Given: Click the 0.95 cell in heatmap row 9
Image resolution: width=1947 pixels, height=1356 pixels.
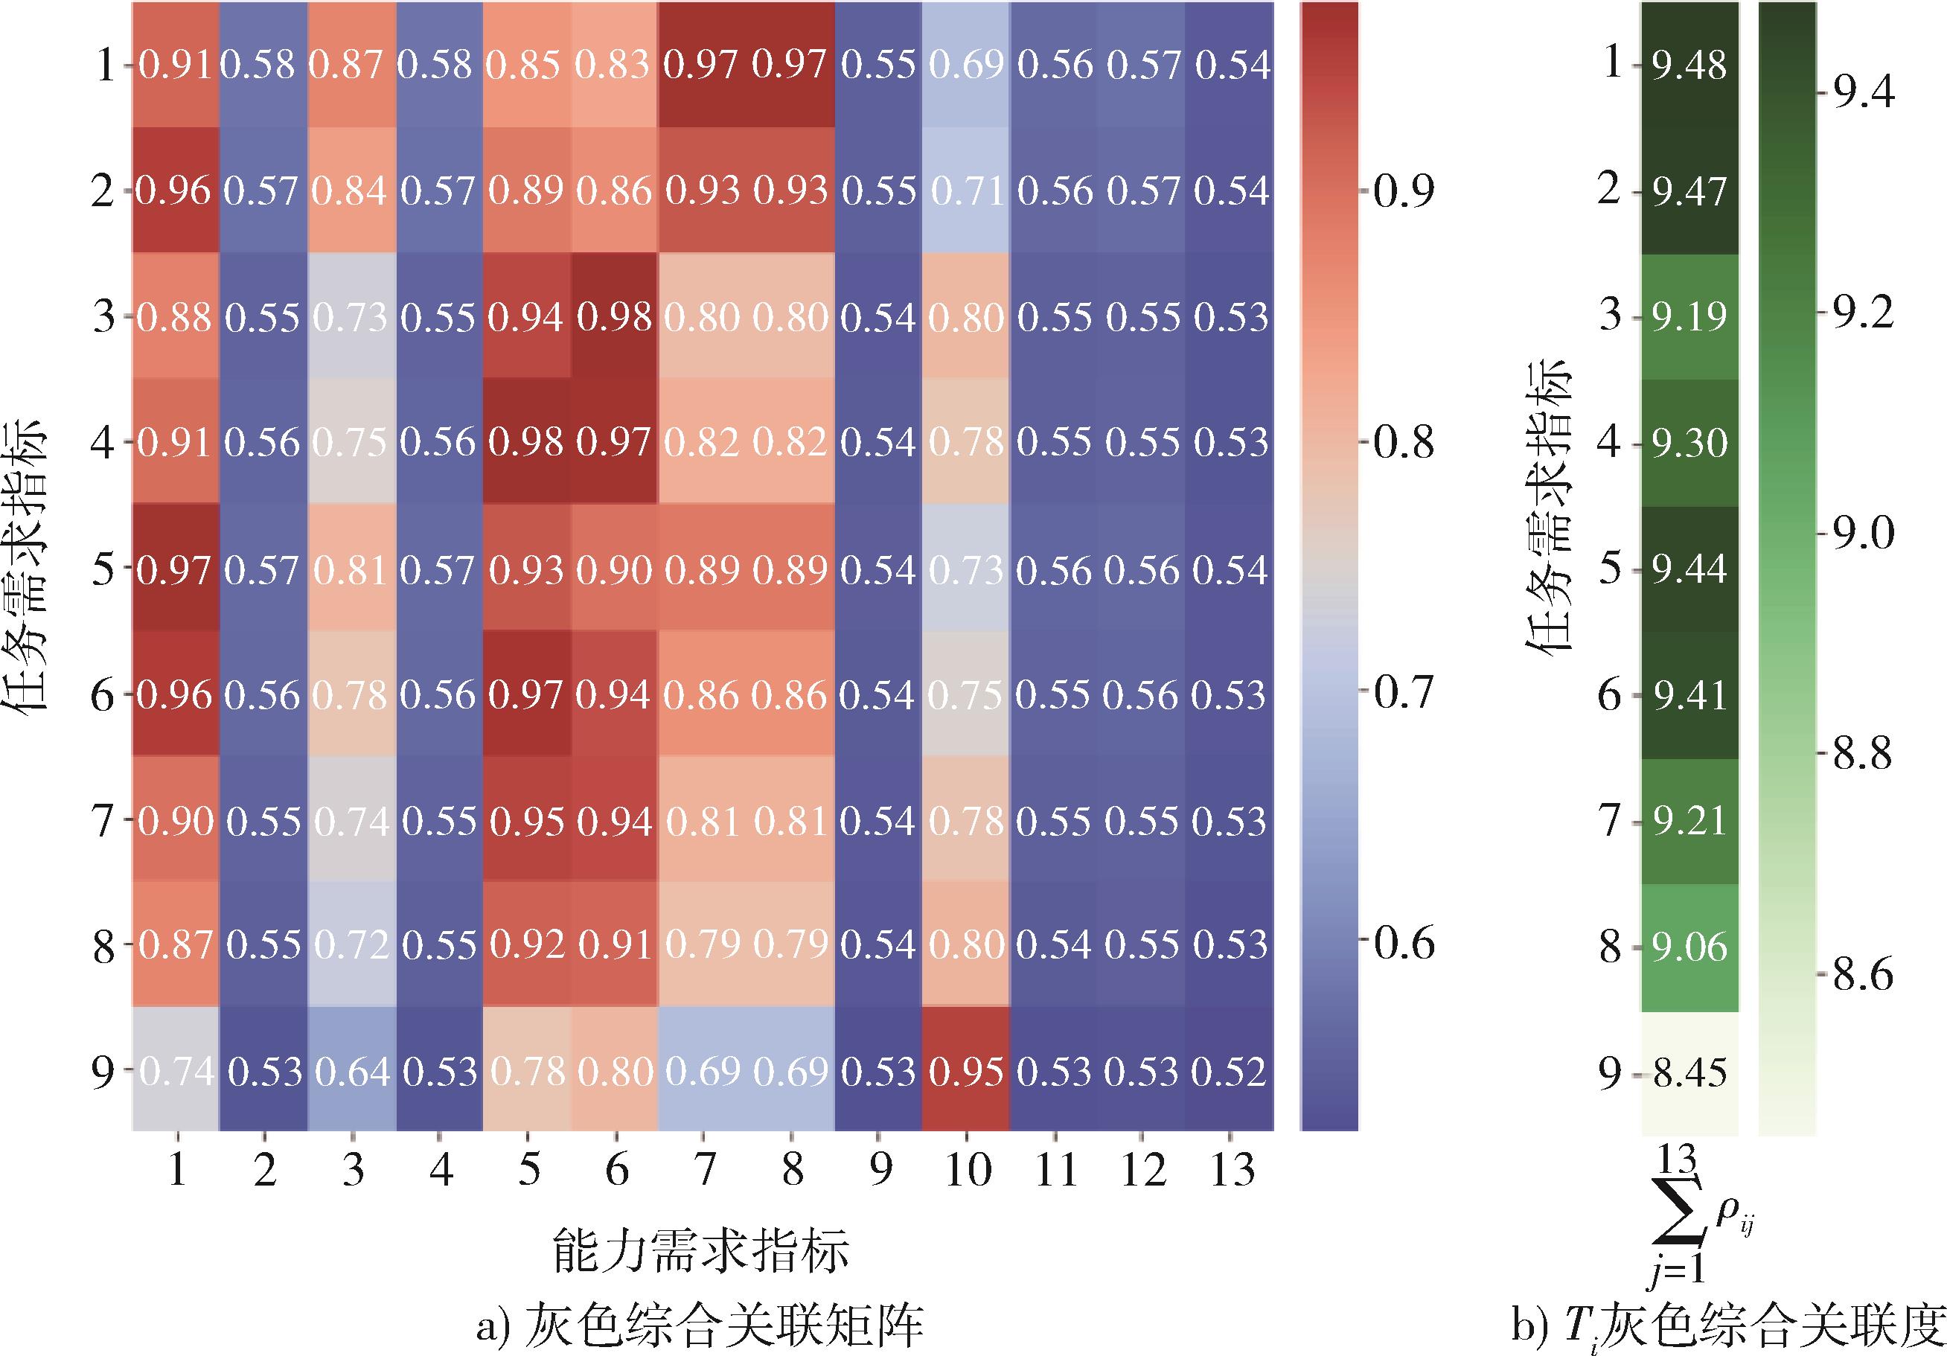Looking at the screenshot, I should coord(966,1072).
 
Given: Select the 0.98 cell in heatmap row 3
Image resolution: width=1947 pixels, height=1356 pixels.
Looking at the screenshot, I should coord(615,316).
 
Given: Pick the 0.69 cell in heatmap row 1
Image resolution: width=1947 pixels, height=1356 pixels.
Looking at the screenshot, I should coord(966,65).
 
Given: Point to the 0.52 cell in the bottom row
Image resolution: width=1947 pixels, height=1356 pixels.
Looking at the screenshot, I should coord(1230,1072).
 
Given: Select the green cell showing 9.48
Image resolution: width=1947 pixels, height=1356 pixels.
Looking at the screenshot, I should coord(1689,65).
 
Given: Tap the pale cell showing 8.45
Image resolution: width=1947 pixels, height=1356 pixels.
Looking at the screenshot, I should coord(1689,1072).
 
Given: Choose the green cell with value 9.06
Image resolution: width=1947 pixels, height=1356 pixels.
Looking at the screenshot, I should coord(1689,947).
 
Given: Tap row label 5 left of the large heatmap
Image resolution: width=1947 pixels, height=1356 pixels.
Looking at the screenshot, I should coord(103,569).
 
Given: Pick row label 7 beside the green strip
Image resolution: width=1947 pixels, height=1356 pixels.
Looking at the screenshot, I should coord(1610,821).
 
